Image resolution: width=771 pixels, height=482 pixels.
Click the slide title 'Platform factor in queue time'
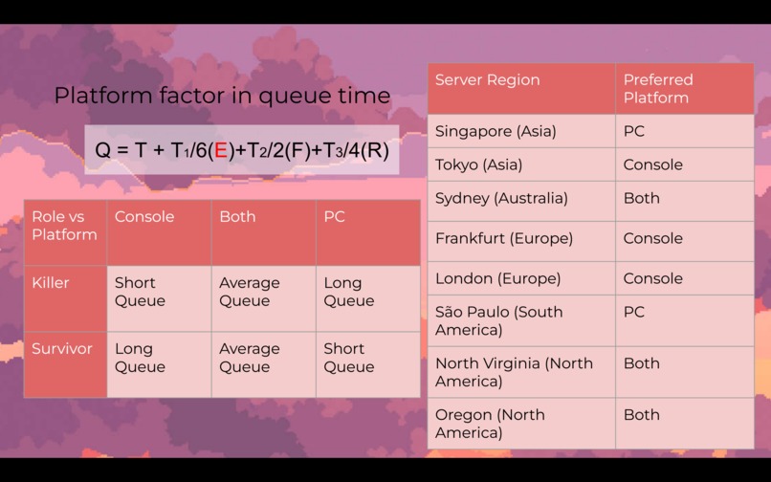pos(222,96)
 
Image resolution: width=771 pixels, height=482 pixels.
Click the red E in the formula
pos(221,150)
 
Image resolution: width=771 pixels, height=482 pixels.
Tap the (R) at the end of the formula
pos(375,150)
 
